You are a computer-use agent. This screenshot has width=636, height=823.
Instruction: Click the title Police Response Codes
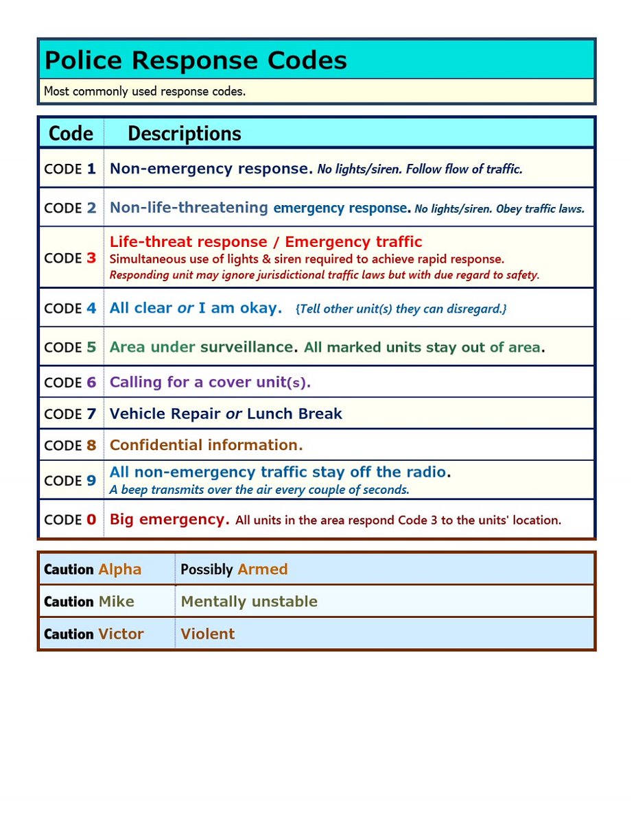point(196,60)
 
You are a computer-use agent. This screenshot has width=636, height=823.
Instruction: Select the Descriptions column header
point(184,133)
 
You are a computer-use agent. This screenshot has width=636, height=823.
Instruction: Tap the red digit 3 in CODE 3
point(91,258)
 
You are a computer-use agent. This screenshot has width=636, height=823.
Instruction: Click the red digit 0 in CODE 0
point(91,520)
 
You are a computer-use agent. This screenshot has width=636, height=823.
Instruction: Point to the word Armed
point(262,569)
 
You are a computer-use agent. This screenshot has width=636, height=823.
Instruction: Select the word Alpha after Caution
point(119,569)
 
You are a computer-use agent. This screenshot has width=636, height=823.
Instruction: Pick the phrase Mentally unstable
point(249,601)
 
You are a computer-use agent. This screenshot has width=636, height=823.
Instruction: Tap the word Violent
point(207,634)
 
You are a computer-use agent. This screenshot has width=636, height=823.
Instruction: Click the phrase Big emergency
point(169,519)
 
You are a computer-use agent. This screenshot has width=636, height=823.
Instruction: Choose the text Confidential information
point(206,445)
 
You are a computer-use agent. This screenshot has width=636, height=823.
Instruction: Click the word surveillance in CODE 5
point(246,347)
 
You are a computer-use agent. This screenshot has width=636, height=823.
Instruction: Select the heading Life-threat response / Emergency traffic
point(266,242)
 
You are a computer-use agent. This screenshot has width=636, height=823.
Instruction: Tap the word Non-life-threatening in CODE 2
point(189,207)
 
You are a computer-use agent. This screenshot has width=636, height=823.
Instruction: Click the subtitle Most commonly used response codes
point(144,91)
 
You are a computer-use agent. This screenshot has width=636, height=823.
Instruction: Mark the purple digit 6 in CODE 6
point(91,383)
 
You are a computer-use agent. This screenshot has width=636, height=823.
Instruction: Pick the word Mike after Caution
point(116,601)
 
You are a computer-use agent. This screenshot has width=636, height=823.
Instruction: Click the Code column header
point(71,133)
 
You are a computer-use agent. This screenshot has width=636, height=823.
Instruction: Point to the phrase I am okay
point(240,308)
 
